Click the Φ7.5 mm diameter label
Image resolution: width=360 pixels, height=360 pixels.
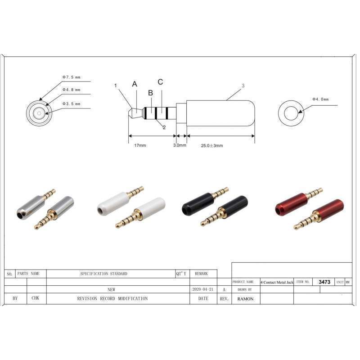point(72,77)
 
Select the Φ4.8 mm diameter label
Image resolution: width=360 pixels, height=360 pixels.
point(72,90)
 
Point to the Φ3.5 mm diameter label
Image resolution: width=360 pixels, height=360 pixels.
point(72,103)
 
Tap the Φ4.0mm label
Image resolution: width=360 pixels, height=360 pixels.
point(320,99)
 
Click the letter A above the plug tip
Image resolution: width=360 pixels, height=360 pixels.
point(135,84)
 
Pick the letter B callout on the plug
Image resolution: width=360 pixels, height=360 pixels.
point(151,93)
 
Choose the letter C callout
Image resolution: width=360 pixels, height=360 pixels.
point(160,82)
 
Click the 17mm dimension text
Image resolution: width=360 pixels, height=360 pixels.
point(140,145)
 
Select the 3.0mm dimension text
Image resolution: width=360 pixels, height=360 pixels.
point(180,145)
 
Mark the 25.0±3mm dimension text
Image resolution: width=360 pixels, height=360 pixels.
point(212,145)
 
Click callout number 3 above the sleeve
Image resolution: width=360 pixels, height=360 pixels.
point(243,85)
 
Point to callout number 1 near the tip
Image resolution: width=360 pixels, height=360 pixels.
point(116,85)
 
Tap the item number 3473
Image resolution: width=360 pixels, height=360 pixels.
point(324,282)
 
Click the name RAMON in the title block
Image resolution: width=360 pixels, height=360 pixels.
point(245,299)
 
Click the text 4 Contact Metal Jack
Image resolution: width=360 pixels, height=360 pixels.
point(277,282)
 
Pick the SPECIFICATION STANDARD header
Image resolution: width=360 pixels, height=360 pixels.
point(103,274)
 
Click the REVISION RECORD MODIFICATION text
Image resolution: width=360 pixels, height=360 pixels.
point(112,298)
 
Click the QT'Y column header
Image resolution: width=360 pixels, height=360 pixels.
point(181,274)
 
